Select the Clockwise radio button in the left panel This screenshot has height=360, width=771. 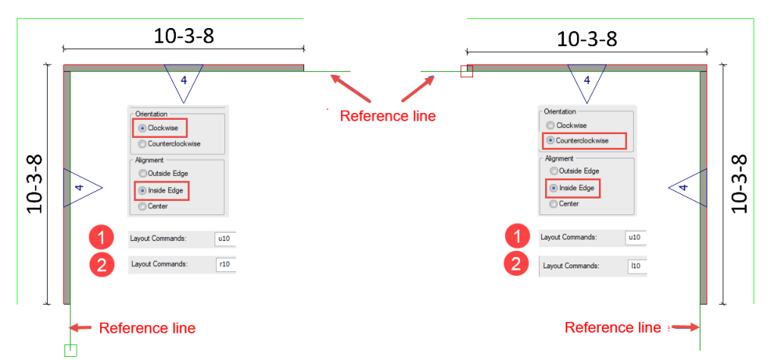pyautogui.click(x=143, y=128)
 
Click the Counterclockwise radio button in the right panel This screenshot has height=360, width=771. pyautogui.click(x=550, y=141)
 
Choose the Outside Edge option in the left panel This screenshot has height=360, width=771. pyautogui.click(x=143, y=174)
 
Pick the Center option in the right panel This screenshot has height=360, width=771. pyautogui.click(x=553, y=204)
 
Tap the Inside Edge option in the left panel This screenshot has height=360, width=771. pyautogui.click(x=143, y=190)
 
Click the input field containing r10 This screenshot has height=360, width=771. pyautogui.click(x=225, y=264)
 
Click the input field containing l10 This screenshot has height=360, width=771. pyautogui.click(x=638, y=266)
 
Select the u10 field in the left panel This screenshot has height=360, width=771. pyautogui.click(x=225, y=239)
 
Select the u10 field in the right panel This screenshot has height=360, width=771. pyautogui.click(x=636, y=237)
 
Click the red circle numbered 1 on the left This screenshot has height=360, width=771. pyautogui.click(x=102, y=239)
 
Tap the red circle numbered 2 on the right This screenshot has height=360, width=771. pyautogui.click(x=516, y=265)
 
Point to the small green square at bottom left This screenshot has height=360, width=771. pyautogui.click(x=71, y=350)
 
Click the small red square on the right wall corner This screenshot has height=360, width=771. pyautogui.click(x=467, y=71)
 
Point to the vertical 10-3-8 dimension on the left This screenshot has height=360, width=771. pyautogui.click(x=35, y=184)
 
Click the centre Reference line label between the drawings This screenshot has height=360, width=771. pyautogui.click(x=388, y=116)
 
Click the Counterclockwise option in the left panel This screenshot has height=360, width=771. pyautogui.click(x=143, y=144)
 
